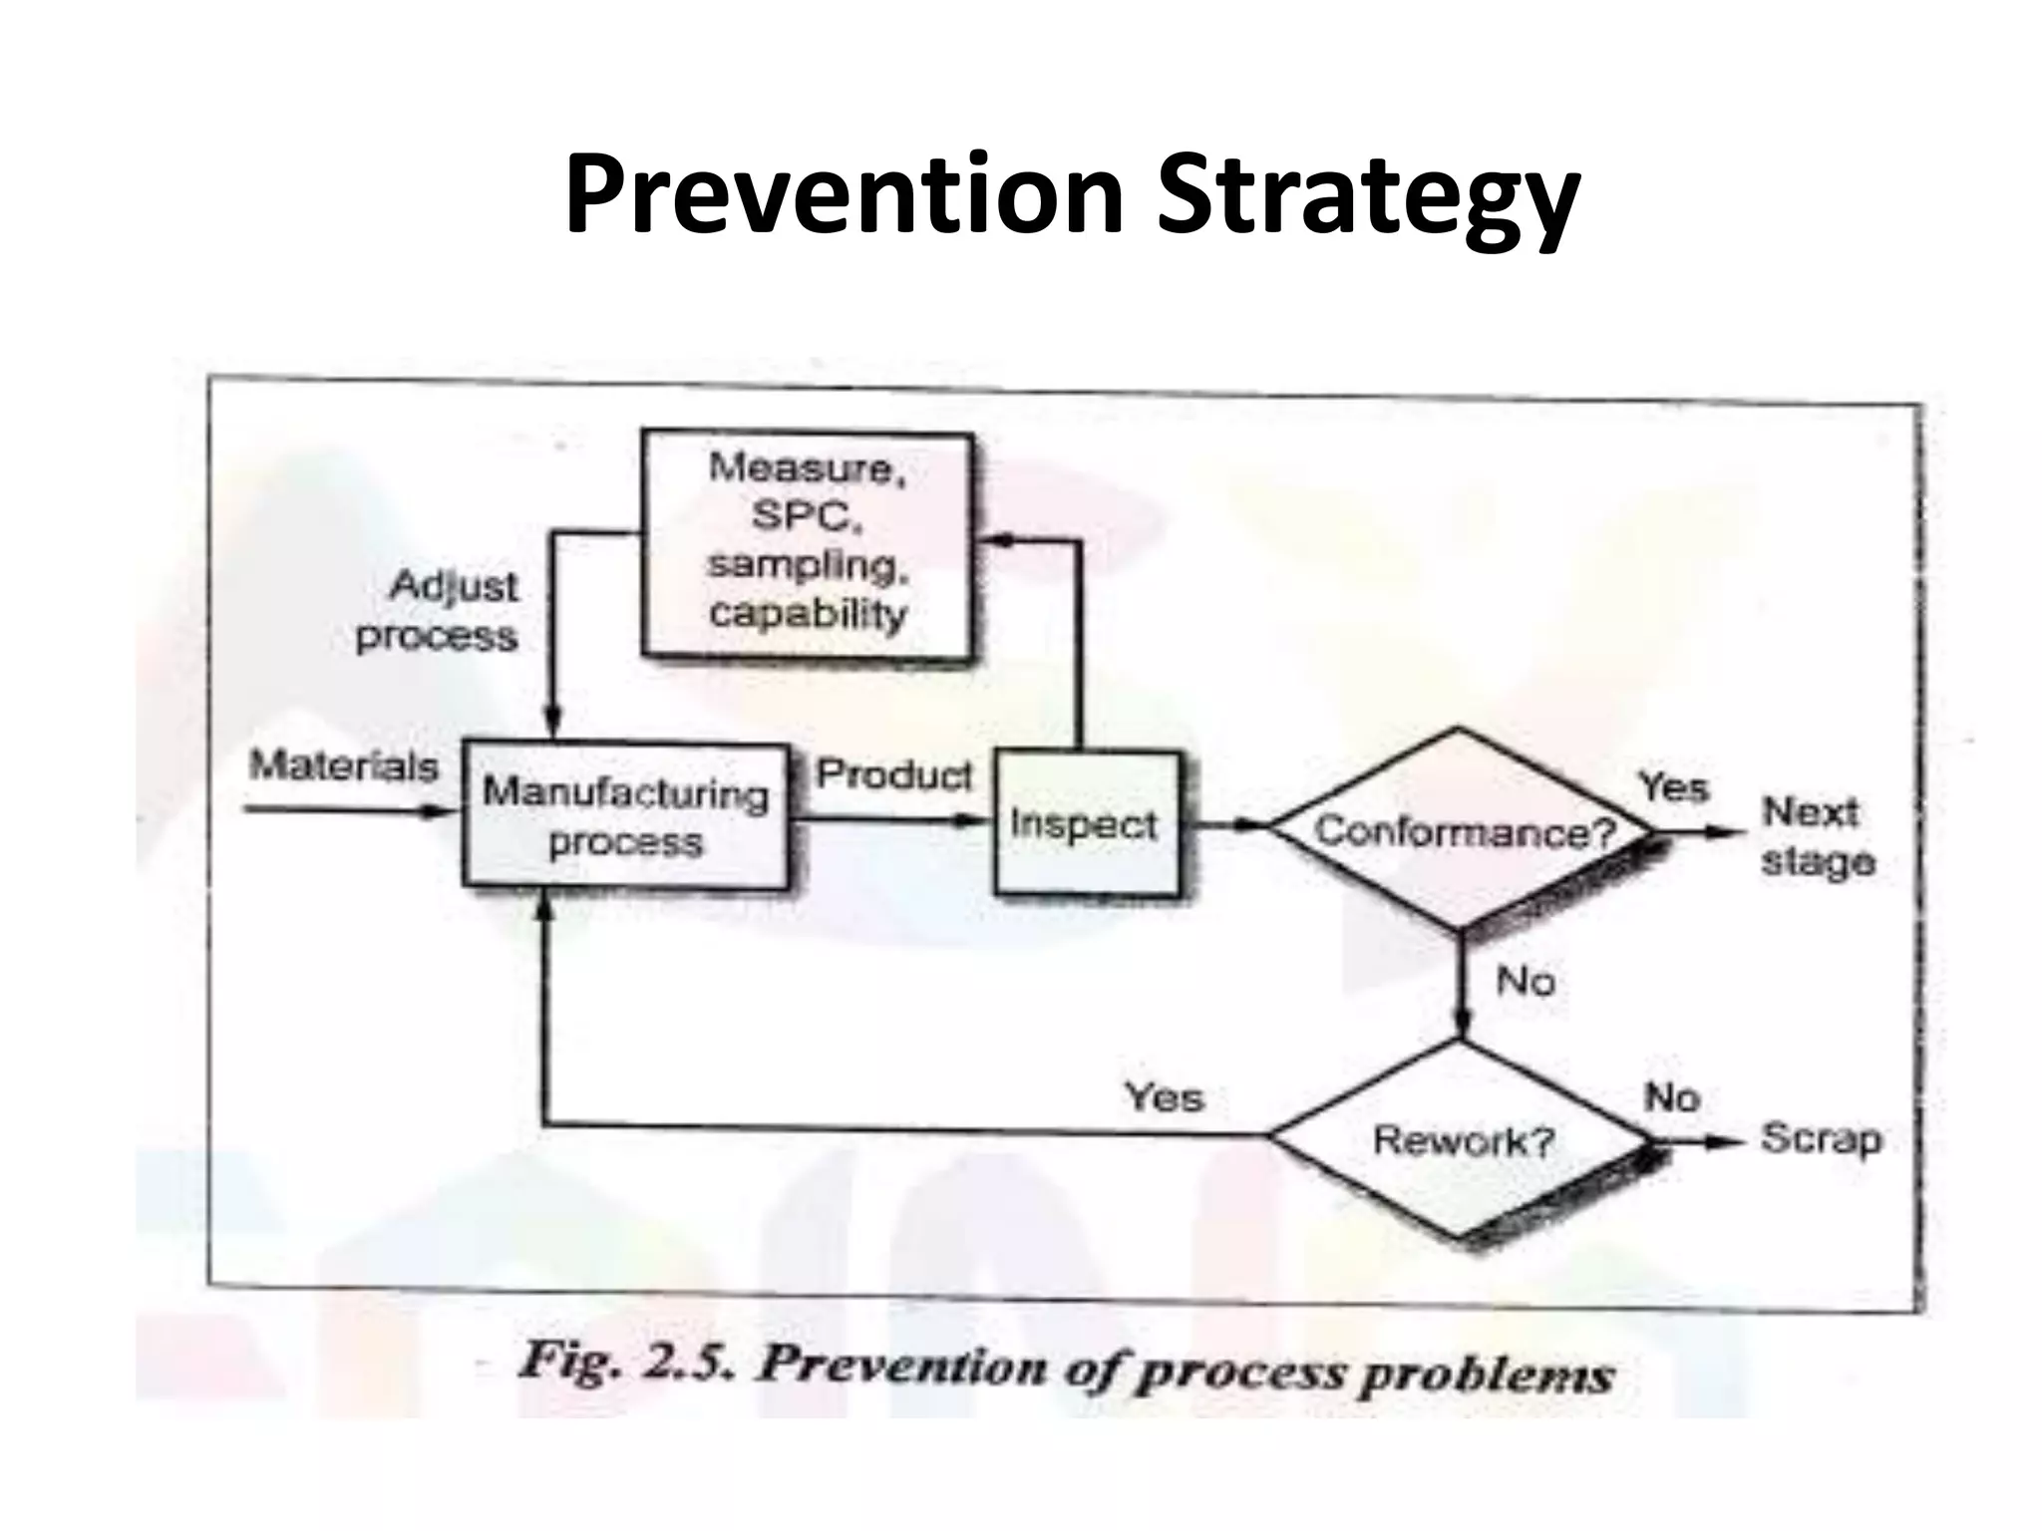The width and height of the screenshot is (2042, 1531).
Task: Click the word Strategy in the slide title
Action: (x=1367, y=199)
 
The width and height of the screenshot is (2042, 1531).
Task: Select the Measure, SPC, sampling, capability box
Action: (x=807, y=544)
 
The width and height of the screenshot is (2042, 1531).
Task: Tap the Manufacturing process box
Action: (x=626, y=816)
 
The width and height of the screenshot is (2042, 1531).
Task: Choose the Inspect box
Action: (x=1086, y=824)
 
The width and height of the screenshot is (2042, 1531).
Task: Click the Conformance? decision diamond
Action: (x=1461, y=830)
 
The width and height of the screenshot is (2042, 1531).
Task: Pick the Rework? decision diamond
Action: (x=1461, y=1140)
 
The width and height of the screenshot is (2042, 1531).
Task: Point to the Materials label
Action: (x=344, y=765)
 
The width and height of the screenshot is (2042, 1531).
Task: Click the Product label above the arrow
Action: (x=893, y=774)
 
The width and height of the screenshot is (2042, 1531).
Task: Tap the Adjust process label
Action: (x=440, y=610)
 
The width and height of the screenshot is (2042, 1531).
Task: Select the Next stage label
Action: (x=1816, y=836)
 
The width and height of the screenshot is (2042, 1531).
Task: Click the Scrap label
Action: (x=1820, y=1138)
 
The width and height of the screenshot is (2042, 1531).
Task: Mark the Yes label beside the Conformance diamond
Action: (x=1674, y=787)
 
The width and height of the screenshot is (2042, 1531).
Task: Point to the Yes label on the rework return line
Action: (x=1164, y=1097)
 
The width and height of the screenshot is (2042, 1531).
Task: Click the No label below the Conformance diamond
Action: (x=1526, y=982)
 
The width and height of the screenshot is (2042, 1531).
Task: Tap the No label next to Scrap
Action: (x=1671, y=1097)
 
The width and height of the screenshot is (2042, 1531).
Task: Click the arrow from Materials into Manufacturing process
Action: (x=349, y=810)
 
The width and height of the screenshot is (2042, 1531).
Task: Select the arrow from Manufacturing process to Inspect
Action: (x=892, y=820)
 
